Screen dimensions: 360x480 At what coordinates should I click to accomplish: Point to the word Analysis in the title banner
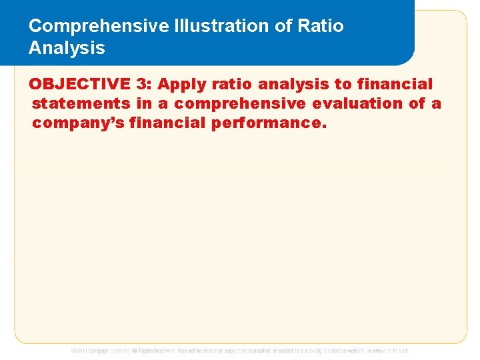67,48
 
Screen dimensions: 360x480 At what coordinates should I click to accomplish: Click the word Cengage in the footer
102,351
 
